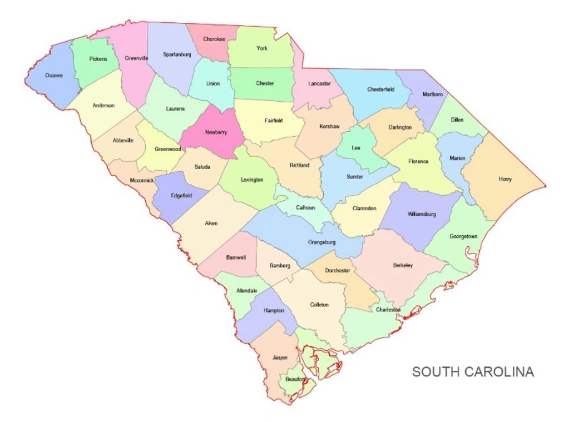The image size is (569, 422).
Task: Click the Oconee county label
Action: click(54, 75)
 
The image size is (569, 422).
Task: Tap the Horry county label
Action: click(505, 179)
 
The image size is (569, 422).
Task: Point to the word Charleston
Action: click(388, 310)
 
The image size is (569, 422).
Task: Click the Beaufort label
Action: click(295, 379)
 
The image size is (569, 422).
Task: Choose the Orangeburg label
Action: click(321, 242)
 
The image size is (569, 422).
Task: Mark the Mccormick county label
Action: click(142, 180)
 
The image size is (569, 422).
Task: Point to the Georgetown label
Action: click(463, 236)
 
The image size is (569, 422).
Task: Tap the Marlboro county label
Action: click(433, 95)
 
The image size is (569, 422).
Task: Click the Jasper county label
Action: click(280, 358)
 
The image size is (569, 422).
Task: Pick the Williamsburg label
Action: click(422, 214)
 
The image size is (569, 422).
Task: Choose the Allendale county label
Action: click(246, 290)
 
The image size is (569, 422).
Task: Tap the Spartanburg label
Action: click(177, 54)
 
